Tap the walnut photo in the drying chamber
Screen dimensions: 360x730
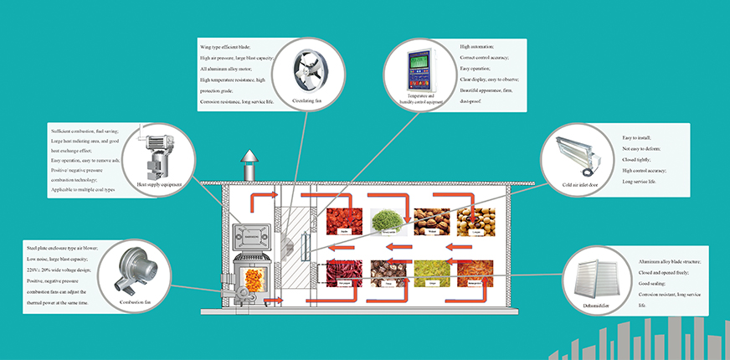432,223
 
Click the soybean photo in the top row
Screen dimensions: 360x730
474,223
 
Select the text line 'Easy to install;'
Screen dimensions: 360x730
640,137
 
